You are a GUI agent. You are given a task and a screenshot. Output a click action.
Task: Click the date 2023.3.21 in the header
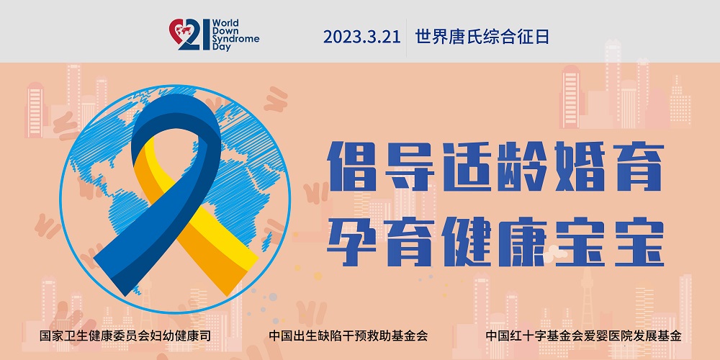coord(362,37)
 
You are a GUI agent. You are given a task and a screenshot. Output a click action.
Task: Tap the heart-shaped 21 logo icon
coord(189,35)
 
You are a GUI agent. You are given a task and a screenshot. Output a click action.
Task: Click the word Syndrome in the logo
coord(236,39)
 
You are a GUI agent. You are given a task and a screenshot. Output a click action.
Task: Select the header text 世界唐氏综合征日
coord(482,37)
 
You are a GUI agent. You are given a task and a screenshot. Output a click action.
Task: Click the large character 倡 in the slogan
coord(352,166)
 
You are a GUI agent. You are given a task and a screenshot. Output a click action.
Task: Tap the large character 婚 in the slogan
coord(580,166)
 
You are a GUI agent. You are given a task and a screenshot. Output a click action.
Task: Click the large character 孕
coord(352,241)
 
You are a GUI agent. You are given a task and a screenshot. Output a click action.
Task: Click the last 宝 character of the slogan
coord(638,241)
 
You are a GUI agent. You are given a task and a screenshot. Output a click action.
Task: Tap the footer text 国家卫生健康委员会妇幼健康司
coord(125,336)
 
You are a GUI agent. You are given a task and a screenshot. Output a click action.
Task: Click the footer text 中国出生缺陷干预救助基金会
coord(348,336)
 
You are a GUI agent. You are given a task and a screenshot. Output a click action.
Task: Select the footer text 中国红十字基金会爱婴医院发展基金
coord(583,336)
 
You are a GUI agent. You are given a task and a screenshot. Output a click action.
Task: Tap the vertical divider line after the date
coord(407,37)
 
